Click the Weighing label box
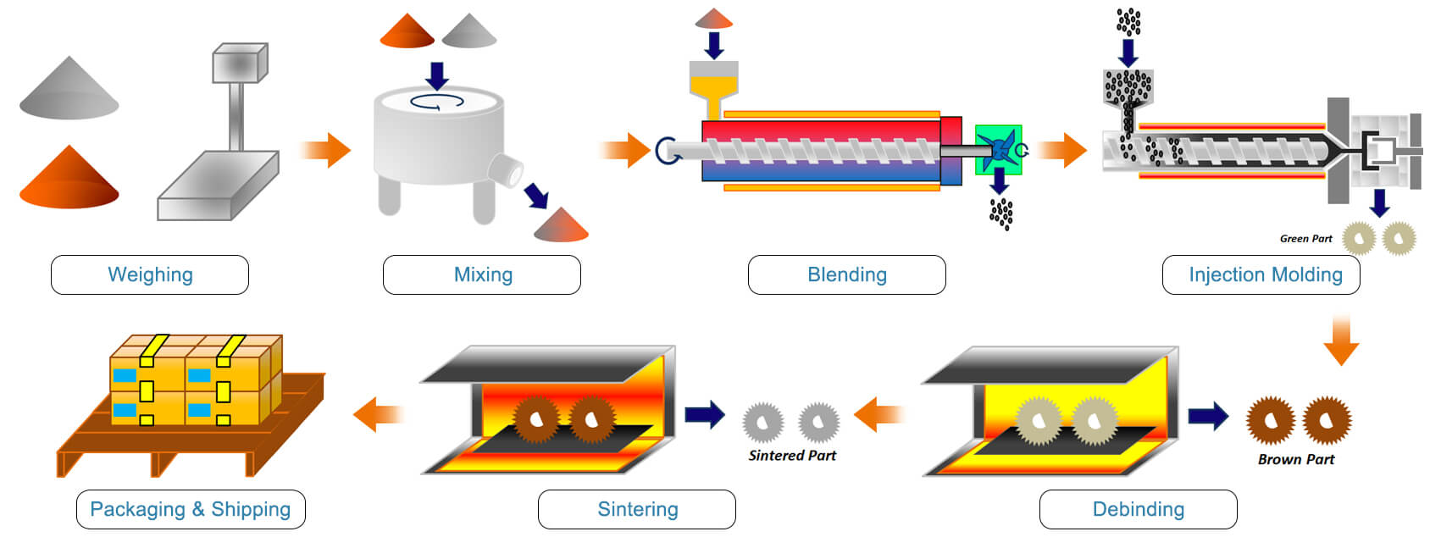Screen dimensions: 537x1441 coord(150,274)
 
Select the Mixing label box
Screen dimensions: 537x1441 coord(482,274)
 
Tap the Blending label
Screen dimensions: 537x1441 coord(846,274)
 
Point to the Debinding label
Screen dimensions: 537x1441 coord(1138,509)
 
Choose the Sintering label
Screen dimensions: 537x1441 coord(637,509)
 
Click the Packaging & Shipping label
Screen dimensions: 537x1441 coord(191,509)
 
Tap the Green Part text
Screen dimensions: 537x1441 coord(1305,239)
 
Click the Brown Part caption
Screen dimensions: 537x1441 coord(1295,459)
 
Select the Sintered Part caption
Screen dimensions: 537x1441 coord(792,455)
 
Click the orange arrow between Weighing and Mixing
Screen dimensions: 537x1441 coord(327,150)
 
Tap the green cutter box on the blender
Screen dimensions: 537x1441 coord(998,150)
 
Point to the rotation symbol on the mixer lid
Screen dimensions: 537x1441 coord(437,102)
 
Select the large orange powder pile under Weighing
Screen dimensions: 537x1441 coord(69,180)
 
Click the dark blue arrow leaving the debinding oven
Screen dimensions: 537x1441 coord(1208,415)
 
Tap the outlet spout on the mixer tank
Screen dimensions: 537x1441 coord(507,170)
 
